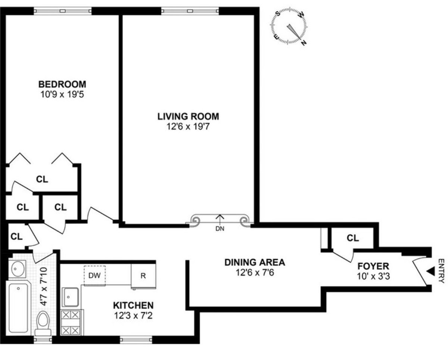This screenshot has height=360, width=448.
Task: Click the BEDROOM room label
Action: pos(62,84)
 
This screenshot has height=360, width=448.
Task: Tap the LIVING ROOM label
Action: pos(188,116)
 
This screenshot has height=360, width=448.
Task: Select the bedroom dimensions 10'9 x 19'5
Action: pos(62,94)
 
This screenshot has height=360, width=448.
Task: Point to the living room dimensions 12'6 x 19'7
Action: pos(188,126)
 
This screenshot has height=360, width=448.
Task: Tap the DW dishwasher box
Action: pos(94,275)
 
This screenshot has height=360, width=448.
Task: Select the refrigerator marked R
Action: pos(143,276)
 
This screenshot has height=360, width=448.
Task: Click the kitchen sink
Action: pos(70,297)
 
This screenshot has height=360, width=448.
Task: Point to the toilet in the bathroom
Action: pos(44,323)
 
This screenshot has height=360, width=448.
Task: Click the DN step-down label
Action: pos(220,229)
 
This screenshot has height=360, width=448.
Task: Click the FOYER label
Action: pos(373,267)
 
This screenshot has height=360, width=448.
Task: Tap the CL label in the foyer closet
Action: pos(352,238)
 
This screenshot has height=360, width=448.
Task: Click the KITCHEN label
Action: pos(133,305)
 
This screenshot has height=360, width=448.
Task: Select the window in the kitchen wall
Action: pos(136,339)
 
